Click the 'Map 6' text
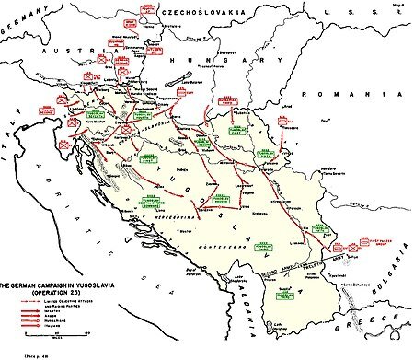tap(400, 6)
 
